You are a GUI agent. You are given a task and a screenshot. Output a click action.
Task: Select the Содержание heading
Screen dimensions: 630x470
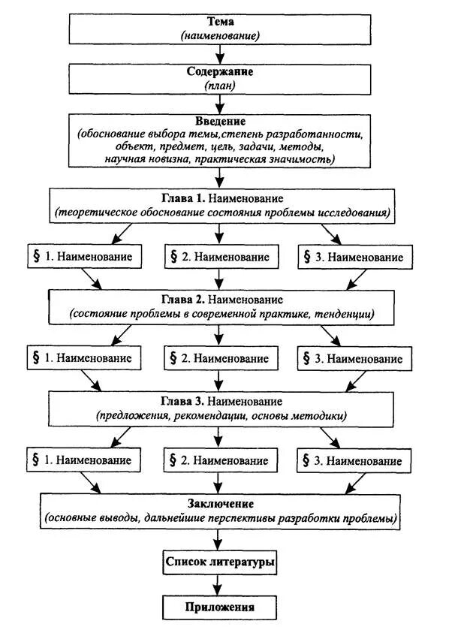219,72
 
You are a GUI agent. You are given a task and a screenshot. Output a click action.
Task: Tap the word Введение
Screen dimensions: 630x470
219,121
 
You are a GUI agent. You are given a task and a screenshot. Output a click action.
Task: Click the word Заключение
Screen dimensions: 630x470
219,502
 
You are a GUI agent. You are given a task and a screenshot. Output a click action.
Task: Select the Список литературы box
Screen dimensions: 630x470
219,561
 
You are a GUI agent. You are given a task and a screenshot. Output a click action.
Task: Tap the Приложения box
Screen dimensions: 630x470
219,607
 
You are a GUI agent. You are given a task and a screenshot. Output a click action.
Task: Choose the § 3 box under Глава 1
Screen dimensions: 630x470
354,257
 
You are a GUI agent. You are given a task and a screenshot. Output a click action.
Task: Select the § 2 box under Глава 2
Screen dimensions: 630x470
218,358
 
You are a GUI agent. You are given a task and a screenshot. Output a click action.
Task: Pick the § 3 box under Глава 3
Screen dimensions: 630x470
354,459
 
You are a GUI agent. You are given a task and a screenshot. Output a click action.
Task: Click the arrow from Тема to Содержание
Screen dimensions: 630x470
219,53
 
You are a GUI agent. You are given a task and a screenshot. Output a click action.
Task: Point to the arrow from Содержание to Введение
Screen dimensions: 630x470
219,103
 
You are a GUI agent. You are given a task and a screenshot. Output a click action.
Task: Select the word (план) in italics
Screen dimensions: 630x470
219,86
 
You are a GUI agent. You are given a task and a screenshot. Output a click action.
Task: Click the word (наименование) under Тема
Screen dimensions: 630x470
219,36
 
